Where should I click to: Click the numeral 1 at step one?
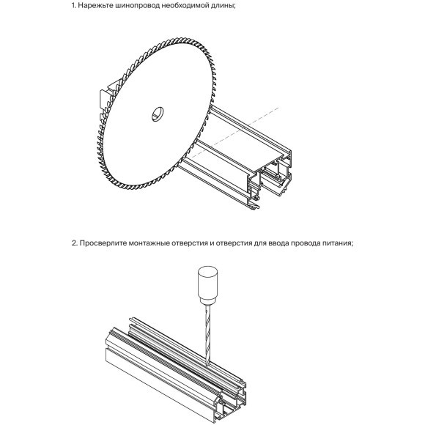click(x=73, y=6)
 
